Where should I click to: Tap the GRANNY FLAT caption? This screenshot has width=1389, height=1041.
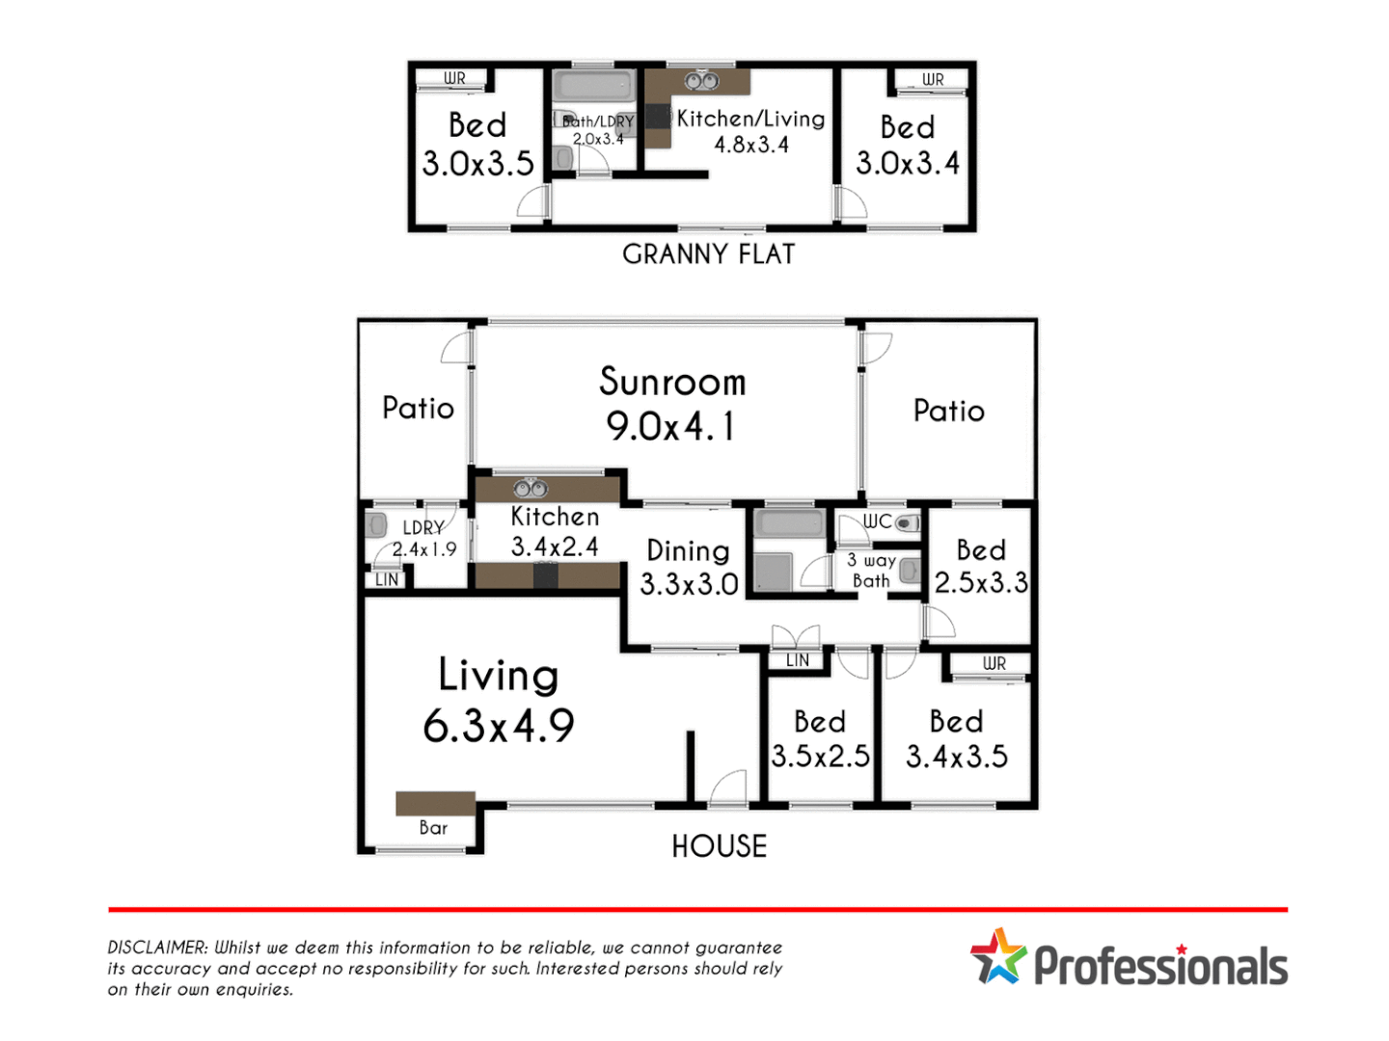tap(709, 254)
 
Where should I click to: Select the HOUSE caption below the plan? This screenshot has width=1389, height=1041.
tap(720, 846)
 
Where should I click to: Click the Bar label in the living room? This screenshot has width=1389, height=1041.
tap(433, 828)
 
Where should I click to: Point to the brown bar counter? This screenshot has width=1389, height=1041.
tap(435, 803)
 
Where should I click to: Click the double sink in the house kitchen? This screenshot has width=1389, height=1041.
tap(531, 489)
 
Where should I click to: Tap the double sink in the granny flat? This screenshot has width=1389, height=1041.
tap(701, 81)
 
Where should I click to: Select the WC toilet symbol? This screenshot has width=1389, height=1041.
tap(906, 523)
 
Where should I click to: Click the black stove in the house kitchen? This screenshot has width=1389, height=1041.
tap(546, 575)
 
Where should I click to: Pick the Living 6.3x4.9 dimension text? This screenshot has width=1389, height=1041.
tap(499, 726)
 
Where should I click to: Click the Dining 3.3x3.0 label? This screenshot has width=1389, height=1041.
tap(689, 567)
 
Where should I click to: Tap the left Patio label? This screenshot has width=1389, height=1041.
tap(418, 408)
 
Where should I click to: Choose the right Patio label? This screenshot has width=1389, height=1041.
tap(949, 411)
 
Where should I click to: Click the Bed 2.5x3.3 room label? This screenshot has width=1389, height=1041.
tap(981, 566)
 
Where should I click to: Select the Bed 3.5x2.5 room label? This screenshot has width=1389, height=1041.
tap(820, 738)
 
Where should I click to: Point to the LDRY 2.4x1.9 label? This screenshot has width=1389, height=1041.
tap(424, 539)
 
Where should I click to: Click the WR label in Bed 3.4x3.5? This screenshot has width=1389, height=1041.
tap(994, 663)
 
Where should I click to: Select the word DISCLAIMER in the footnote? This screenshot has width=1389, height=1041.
tap(156, 948)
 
